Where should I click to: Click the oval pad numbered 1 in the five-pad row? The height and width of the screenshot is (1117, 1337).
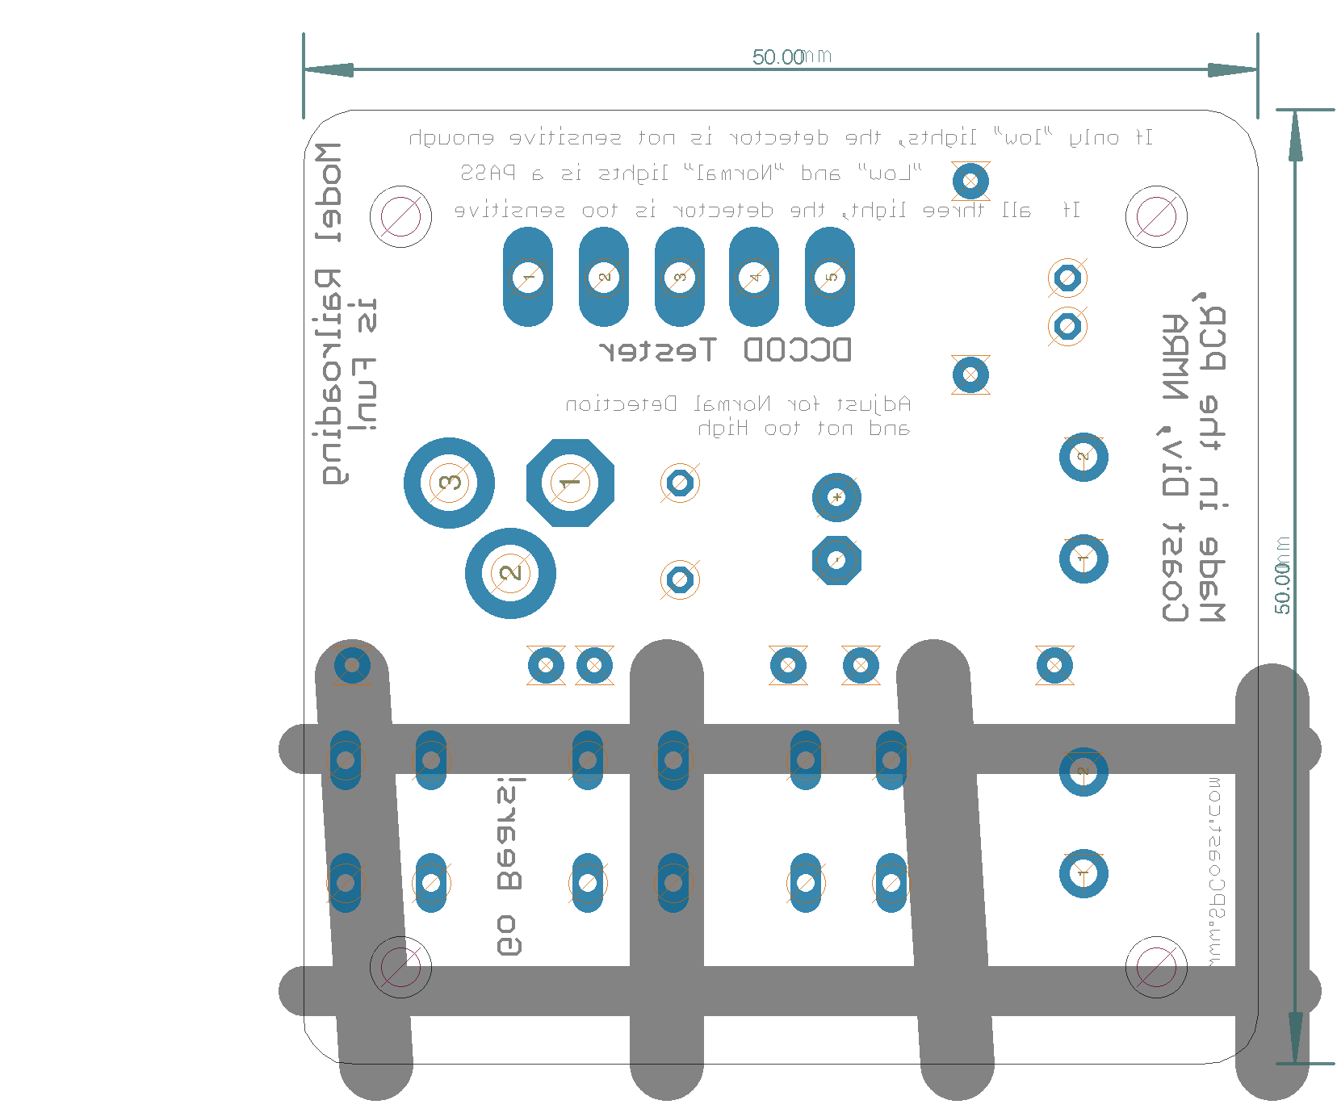(528, 277)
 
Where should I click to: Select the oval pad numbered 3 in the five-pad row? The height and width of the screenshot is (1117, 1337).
(680, 277)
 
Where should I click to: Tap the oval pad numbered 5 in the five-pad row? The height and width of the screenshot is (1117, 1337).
(830, 277)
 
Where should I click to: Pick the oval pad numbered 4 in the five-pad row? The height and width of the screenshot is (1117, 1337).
(754, 277)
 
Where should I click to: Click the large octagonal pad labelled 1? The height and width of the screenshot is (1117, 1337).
(570, 483)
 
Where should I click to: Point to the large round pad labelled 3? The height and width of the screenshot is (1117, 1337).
(449, 483)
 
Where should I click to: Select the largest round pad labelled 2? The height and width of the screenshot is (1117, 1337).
(510, 573)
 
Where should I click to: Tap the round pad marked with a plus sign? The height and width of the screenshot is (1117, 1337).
(836, 497)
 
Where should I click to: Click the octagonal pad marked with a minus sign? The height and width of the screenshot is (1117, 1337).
(836, 560)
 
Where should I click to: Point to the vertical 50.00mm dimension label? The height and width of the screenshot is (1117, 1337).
(1282, 575)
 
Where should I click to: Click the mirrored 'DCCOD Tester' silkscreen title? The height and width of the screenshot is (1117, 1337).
(725, 350)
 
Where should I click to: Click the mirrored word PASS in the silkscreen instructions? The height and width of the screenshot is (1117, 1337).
(488, 173)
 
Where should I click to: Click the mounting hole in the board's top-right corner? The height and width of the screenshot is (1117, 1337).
(1156, 216)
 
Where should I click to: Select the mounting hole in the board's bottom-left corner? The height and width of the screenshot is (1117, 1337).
(400, 967)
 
